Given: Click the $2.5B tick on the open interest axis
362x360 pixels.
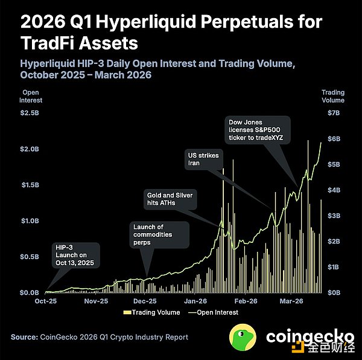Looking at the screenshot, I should pos(31,113).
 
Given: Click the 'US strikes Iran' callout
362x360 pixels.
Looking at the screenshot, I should pos(202,159).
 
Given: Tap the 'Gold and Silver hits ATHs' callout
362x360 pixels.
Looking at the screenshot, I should pos(171,199).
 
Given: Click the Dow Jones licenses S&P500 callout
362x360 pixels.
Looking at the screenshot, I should pos(259,129).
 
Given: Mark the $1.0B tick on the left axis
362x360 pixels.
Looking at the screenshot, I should pos(31,220).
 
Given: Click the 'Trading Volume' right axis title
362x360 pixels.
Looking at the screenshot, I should pos(332,96).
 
